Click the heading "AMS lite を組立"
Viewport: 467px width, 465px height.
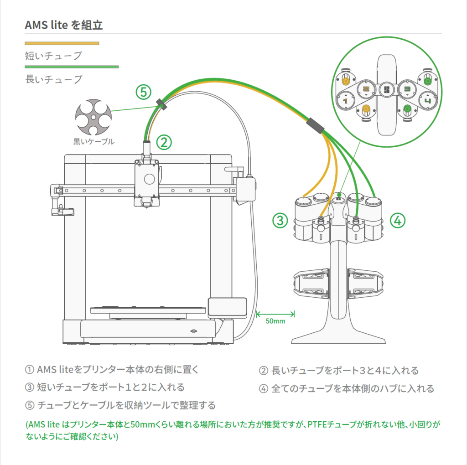coord(64,25)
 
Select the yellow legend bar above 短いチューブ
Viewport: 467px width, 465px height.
coord(62,43)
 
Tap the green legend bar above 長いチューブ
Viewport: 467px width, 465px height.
coord(72,67)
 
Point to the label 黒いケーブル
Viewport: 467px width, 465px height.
coord(94,142)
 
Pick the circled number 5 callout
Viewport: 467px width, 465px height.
coord(143,93)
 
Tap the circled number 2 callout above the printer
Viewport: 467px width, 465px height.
coord(164,142)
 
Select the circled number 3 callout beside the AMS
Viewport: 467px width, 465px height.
coord(280,221)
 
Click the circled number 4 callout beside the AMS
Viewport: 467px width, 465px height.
coord(397,221)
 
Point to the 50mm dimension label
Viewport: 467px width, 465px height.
coord(275,321)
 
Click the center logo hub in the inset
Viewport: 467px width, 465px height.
coord(386,89)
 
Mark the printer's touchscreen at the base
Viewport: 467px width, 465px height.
coord(227,307)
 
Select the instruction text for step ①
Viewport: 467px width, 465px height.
coord(112,369)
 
